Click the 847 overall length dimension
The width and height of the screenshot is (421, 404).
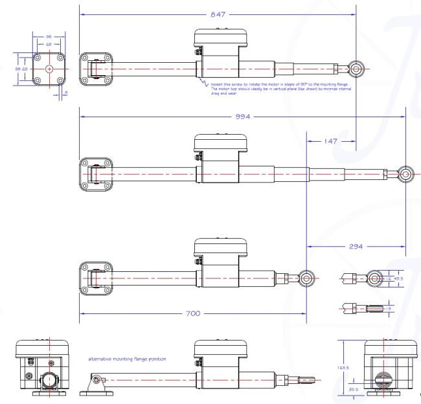coord(218,14)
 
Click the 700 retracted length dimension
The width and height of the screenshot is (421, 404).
coord(191,313)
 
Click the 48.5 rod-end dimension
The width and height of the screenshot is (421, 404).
coord(398,278)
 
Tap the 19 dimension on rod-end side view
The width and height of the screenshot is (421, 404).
coord(387,308)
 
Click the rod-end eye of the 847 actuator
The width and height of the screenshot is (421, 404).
coord(355,68)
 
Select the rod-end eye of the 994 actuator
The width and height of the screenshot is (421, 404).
coord(405,174)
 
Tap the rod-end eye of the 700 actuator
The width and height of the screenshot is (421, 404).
coord(307,278)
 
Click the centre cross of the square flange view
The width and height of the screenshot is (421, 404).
coord(49,69)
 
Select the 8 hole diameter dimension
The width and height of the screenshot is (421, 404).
coord(66,93)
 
